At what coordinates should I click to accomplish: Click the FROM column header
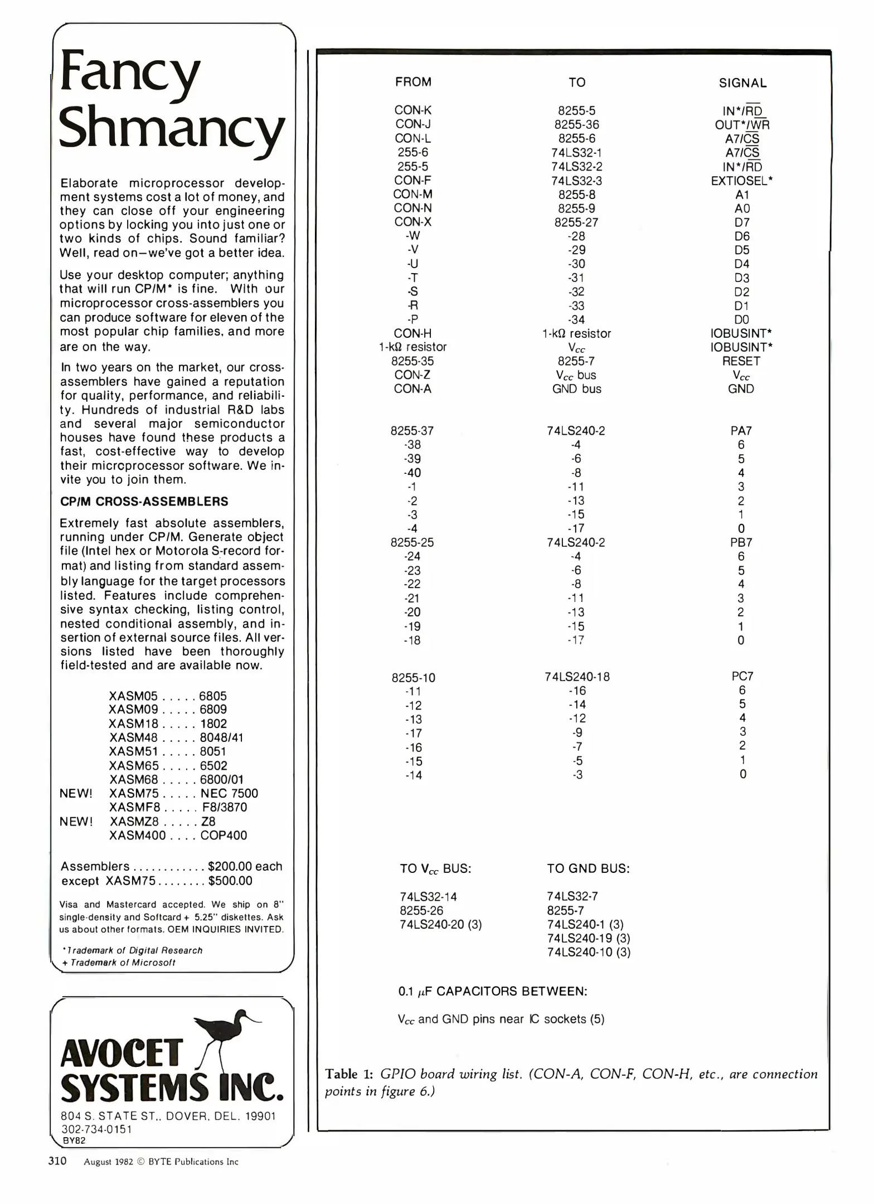click(x=413, y=82)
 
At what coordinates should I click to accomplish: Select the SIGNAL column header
click(x=742, y=83)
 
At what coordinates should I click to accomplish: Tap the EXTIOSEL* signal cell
click(x=741, y=181)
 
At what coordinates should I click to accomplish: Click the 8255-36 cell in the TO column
click(x=576, y=125)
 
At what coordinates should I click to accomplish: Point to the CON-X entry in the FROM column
click(x=412, y=222)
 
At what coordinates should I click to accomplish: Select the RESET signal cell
click(x=741, y=361)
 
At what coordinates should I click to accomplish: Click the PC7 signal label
click(x=742, y=676)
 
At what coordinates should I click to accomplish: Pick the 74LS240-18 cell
click(x=577, y=677)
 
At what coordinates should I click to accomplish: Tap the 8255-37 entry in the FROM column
click(x=412, y=431)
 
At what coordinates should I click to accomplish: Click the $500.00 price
click(x=230, y=881)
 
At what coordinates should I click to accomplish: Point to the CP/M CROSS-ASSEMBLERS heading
click(x=144, y=501)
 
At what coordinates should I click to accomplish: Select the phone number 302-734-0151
click(x=96, y=1129)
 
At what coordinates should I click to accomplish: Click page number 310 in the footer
click(x=57, y=1161)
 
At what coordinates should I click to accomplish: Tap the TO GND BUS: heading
click(x=588, y=868)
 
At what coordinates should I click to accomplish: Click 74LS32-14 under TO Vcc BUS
click(x=428, y=896)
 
